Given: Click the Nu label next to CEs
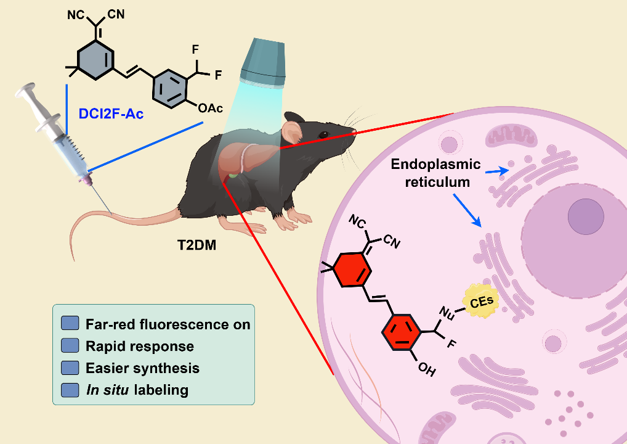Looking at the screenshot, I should tap(448, 314).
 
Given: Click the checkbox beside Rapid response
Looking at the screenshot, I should tap(71, 345).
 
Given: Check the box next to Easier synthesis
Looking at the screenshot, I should tap(71, 368).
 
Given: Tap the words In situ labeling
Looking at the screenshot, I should tap(137, 390).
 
